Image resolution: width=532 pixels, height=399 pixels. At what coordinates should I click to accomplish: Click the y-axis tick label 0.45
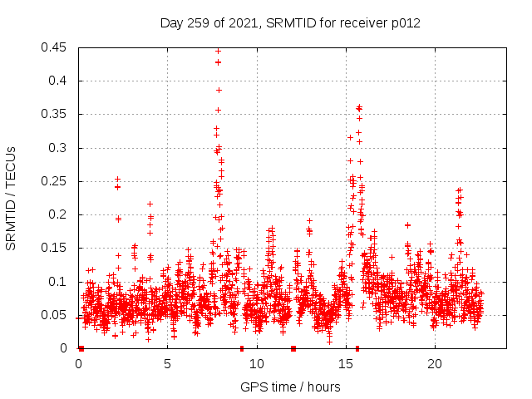coord(55,47)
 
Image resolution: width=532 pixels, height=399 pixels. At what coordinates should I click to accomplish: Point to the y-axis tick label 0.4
coord(58,81)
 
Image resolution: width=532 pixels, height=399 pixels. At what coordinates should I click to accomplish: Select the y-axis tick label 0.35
coord(55,115)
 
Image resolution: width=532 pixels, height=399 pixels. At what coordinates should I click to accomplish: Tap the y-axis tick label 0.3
coord(58,148)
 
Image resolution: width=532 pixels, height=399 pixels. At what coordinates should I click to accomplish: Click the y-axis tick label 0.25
coord(55,181)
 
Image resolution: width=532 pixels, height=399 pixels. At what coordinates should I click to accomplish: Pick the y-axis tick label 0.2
coord(58,214)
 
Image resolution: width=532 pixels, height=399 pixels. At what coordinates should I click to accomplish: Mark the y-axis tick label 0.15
coord(55,249)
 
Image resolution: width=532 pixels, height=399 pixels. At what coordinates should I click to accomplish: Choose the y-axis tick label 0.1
coord(58,282)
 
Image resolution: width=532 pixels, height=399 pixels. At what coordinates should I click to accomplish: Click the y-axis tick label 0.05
coord(55,315)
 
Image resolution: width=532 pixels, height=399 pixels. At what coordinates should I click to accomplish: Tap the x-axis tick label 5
coord(168,364)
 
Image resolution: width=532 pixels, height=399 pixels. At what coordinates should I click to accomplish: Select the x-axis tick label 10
coord(257,364)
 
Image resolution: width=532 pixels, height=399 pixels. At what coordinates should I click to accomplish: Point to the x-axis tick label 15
coord(346,364)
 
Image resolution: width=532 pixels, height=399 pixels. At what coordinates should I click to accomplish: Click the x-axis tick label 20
coord(435,364)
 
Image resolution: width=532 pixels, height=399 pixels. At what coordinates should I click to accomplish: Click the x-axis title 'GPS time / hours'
coord(291,387)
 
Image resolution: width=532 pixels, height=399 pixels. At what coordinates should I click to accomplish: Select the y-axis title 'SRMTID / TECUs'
coord(12,198)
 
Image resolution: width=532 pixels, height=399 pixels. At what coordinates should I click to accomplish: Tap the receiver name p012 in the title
coord(406,23)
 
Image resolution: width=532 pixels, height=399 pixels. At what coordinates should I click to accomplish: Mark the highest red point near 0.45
coord(219,50)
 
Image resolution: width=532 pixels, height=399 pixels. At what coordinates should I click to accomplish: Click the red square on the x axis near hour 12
coord(293,348)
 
